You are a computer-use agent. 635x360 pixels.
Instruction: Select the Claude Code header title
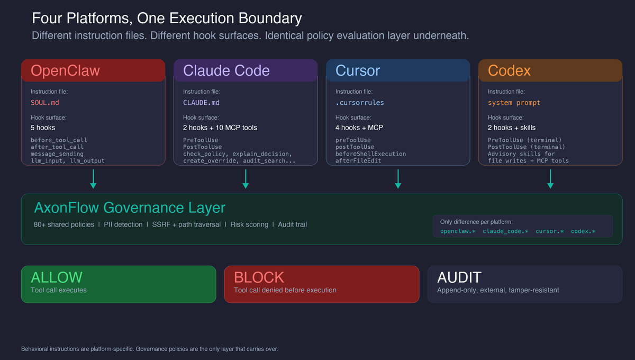226,71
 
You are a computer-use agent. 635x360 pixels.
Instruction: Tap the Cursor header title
357,71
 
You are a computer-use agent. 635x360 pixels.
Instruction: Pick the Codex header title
509,71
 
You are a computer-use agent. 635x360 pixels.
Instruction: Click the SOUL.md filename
45,103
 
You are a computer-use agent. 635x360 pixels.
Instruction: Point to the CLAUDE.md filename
201,103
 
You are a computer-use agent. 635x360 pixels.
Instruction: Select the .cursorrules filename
359,103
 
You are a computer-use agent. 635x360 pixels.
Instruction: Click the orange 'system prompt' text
514,103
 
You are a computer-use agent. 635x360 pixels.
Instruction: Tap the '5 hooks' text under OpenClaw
43,128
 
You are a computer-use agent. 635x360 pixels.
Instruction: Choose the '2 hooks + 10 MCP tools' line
220,128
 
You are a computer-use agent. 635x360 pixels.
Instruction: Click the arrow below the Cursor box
398,179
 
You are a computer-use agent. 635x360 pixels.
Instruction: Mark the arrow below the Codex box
550,179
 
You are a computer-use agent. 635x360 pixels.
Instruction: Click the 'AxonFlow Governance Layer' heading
130,208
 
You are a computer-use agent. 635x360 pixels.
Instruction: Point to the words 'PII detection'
123,224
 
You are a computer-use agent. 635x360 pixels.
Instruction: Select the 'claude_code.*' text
505,231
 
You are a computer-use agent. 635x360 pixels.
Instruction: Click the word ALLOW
57,277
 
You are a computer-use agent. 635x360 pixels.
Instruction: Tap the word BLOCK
259,277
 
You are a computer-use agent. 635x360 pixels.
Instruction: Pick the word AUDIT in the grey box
459,277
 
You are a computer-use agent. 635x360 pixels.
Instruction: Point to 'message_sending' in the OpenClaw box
57,154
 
